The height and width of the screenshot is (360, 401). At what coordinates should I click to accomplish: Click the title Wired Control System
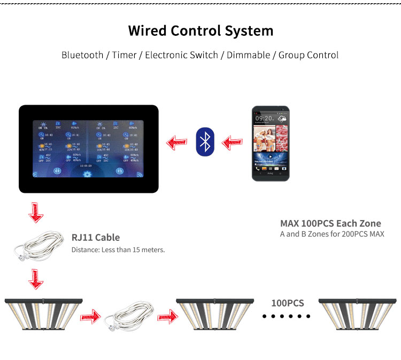point(200,30)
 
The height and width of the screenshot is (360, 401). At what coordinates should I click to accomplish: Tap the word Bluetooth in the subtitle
point(82,55)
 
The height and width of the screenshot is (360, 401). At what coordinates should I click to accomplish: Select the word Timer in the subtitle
point(124,55)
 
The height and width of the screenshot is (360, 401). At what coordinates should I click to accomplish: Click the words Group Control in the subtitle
point(309,55)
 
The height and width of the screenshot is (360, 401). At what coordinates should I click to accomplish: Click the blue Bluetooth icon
point(204,142)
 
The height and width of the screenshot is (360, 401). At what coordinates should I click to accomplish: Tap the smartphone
point(271,144)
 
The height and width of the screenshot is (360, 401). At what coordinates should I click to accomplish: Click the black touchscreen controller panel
point(89,149)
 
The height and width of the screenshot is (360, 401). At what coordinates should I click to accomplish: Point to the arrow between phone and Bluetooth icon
point(232,143)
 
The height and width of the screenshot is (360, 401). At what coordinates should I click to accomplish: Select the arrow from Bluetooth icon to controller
point(176,143)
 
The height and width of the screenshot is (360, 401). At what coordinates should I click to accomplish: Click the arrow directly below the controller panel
point(36,212)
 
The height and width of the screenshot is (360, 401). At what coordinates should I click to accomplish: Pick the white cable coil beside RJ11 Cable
point(40,246)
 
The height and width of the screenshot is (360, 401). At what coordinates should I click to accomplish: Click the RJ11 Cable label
point(96,237)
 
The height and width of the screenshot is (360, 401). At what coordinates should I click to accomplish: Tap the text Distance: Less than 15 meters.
point(118,249)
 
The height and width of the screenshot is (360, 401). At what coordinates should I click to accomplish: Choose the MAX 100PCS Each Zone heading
point(330,223)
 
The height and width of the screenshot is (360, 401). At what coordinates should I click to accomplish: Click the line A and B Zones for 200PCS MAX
point(332,234)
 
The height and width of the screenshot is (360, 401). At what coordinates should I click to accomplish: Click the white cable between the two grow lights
point(129,317)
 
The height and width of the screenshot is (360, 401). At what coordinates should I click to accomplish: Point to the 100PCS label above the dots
point(287,303)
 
